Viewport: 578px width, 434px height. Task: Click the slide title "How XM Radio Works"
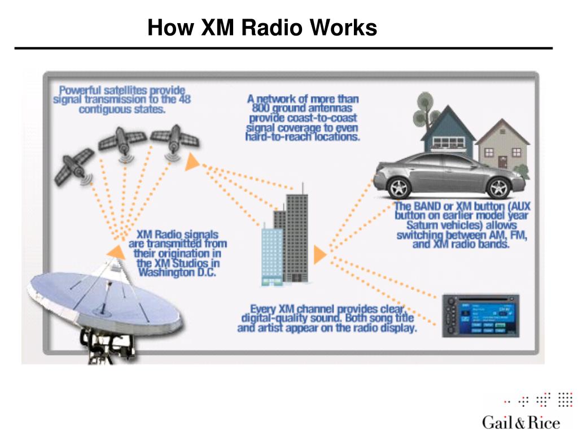pyautogui.click(x=262, y=27)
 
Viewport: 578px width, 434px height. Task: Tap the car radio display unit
pyautogui.click(x=480, y=316)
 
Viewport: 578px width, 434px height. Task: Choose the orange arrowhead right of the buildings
pyautogui.click(x=319, y=255)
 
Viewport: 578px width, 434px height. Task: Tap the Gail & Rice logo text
pyautogui.click(x=520, y=423)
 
